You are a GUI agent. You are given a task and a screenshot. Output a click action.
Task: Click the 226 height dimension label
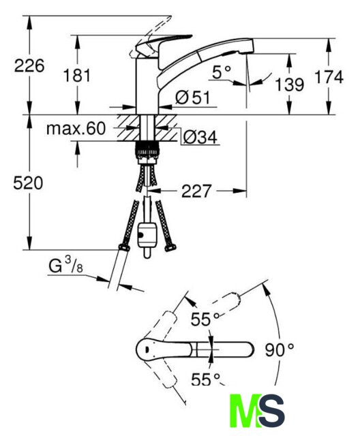click(29, 66)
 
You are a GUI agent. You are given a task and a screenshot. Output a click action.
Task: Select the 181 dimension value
click(77, 76)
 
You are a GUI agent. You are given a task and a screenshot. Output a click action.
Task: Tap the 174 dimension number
click(329, 77)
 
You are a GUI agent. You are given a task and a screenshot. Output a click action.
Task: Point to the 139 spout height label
click(290, 84)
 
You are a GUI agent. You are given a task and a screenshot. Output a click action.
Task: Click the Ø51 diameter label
click(193, 97)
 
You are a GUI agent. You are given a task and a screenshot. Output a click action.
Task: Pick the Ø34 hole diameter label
click(200, 137)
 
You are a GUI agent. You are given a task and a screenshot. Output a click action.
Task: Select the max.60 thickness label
click(76, 129)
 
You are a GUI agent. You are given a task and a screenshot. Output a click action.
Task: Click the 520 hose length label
click(28, 183)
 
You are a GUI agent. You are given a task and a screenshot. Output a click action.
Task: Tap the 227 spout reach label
click(196, 191)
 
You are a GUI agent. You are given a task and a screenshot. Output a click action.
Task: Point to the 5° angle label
click(222, 72)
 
